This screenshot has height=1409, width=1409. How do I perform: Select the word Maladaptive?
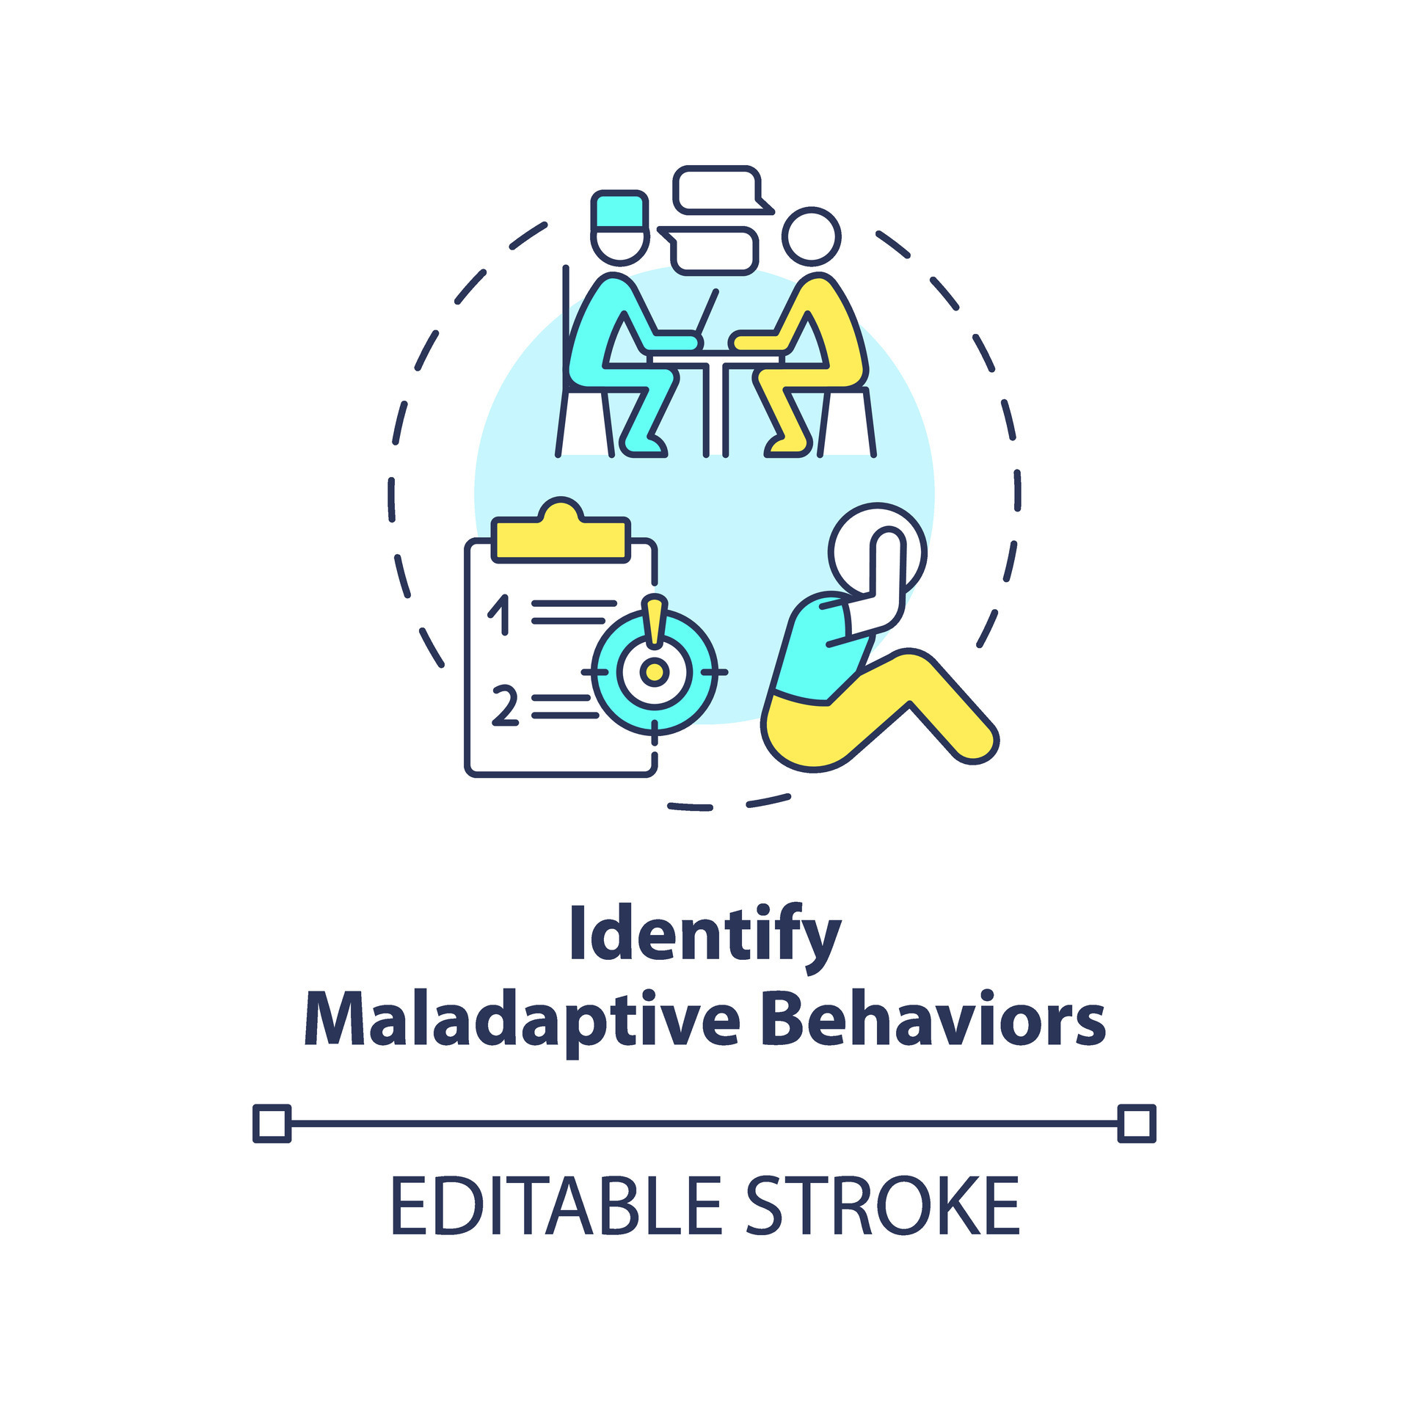[x=522, y=1021]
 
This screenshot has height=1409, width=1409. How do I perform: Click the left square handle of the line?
[x=272, y=1124]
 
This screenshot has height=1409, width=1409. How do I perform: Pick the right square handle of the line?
[x=1137, y=1124]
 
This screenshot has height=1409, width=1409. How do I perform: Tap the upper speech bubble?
[x=723, y=190]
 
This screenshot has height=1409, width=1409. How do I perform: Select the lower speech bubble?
[x=708, y=250]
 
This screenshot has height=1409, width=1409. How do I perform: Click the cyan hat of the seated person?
[x=620, y=212]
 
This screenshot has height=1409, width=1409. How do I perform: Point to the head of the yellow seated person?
[x=811, y=236]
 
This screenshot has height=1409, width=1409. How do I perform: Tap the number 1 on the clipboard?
[x=500, y=614]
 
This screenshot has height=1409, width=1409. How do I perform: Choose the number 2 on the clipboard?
[x=505, y=705]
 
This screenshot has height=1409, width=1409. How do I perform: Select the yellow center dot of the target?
[x=654, y=671]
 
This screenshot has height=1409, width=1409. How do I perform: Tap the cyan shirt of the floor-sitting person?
[x=815, y=649]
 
